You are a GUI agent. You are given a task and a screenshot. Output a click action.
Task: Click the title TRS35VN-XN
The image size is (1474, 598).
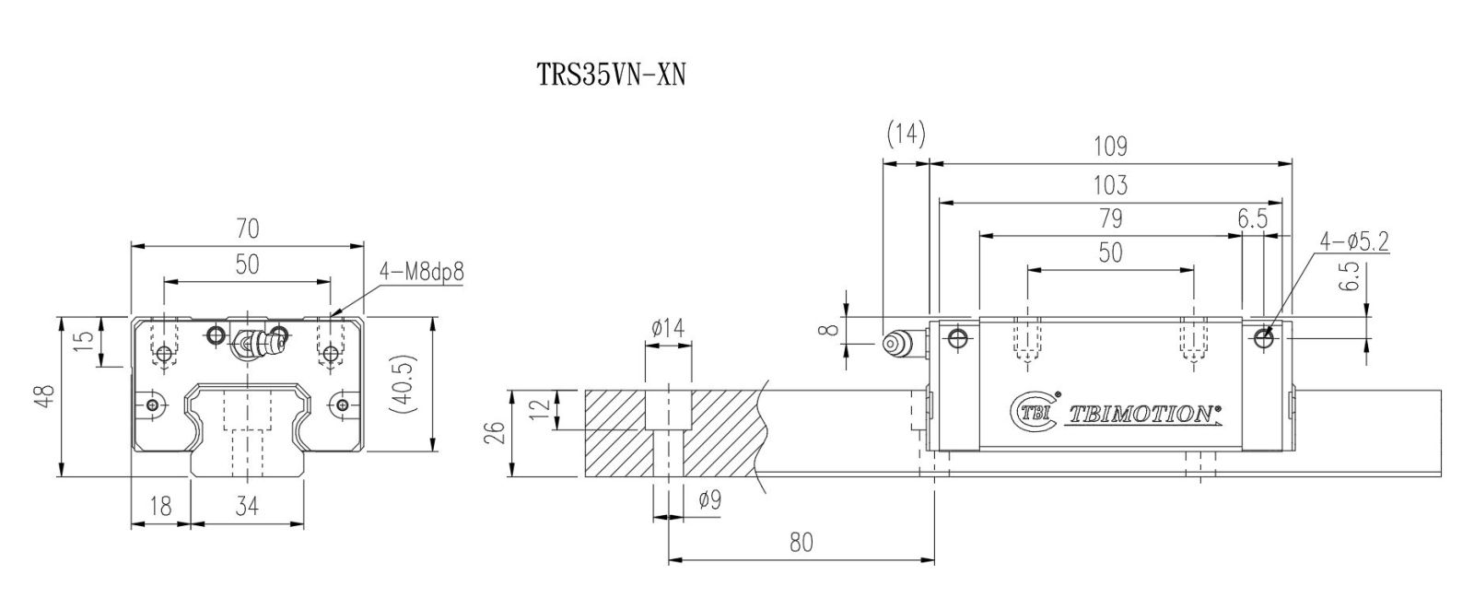click(x=612, y=75)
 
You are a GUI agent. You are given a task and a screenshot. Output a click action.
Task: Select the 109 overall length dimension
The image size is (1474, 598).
click(x=1110, y=147)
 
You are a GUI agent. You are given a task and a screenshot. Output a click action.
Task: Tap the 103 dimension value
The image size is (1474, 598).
click(x=1110, y=185)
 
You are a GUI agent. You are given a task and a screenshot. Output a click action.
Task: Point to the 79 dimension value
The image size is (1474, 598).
click(x=1111, y=218)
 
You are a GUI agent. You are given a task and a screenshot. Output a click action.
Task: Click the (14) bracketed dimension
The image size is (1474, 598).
click(x=907, y=134)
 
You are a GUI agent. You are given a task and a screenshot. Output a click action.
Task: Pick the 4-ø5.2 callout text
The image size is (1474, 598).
click(x=1354, y=241)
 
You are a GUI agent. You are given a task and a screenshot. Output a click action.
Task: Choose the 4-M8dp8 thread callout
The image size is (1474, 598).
click(x=422, y=271)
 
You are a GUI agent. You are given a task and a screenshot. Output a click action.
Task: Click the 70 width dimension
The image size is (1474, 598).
click(x=248, y=229)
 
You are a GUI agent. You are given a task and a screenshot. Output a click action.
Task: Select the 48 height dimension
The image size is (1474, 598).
click(x=45, y=396)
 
